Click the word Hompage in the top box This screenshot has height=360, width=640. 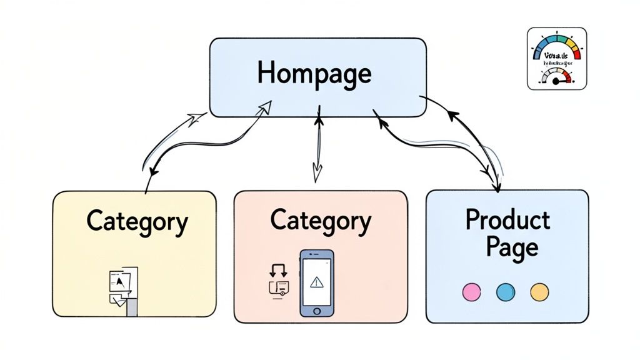pyautogui.click(x=314, y=74)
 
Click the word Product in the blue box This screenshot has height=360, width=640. pyautogui.click(x=507, y=219)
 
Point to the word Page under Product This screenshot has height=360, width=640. pyautogui.click(x=507, y=247)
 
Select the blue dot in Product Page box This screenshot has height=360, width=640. pyautogui.click(x=504, y=291)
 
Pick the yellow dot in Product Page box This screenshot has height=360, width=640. pyautogui.click(x=539, y=291)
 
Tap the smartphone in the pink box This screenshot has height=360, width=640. pyautogui.click(x=317, y=284)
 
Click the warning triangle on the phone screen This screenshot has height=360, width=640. pyautogui.click(x=317, y=282)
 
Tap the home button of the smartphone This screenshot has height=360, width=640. pyautogui.click(x=317, y=311)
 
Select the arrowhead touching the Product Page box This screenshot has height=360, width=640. pyautogui.click(x=497, y=186)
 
